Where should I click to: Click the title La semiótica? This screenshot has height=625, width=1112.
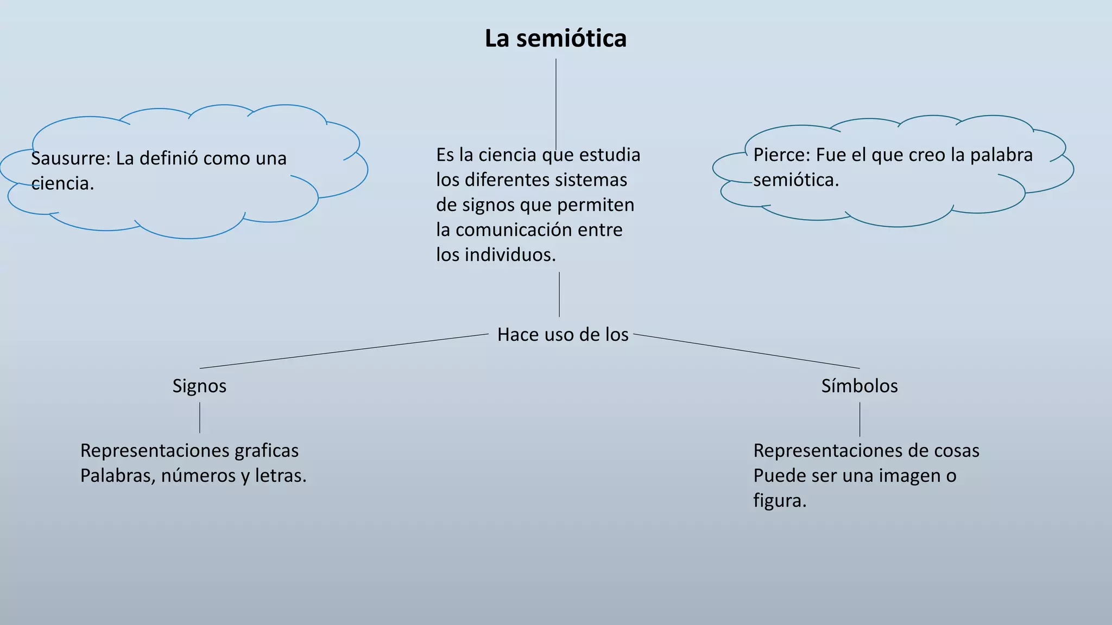(555, 39)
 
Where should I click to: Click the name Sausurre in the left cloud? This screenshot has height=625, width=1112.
(70, 158)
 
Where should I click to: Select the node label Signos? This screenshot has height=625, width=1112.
(199, 386)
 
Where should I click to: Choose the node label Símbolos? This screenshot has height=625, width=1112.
(859, 386)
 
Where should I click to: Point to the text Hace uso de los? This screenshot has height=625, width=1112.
(563, 335)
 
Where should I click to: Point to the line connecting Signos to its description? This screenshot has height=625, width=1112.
(200, 417)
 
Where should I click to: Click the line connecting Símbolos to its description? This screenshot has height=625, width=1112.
(860, 419)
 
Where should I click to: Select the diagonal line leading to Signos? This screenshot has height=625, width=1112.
(344, 351)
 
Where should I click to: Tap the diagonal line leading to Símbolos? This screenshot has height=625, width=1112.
(747, 351)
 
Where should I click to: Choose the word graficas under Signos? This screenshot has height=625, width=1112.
(267, 451)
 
